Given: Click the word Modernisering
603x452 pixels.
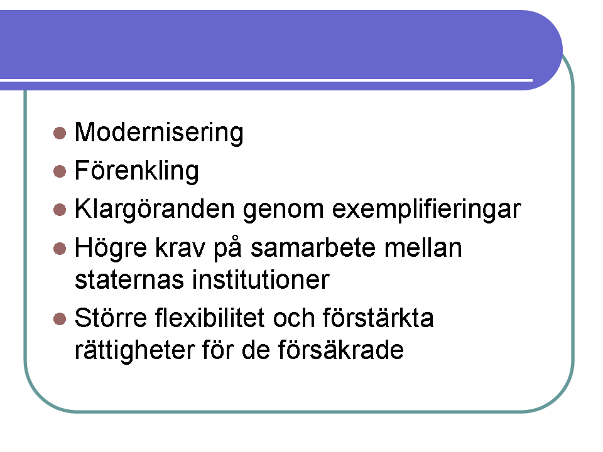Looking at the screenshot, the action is coord(159,133).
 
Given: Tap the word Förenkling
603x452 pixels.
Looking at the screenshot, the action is coord(137,171).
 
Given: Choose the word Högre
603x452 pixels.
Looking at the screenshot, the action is coord(111,248).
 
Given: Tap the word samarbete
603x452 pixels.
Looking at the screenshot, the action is coord(313,248).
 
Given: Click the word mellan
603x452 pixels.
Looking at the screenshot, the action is coord(423,248).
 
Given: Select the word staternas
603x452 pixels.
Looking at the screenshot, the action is coord(129,280).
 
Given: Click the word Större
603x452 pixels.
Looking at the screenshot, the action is coord(111,318).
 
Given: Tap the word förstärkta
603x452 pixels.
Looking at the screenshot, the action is coord(378,318).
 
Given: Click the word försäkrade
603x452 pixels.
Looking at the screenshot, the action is coord(340,350).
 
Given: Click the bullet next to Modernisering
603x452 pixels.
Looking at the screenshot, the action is coord(60,133).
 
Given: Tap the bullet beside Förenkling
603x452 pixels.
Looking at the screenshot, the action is coord(60,171).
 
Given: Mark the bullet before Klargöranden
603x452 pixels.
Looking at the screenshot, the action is coord(60,210).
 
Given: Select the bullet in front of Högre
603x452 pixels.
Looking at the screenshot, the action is coord(60,249).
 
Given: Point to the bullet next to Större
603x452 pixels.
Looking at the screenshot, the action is coord(60,319).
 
